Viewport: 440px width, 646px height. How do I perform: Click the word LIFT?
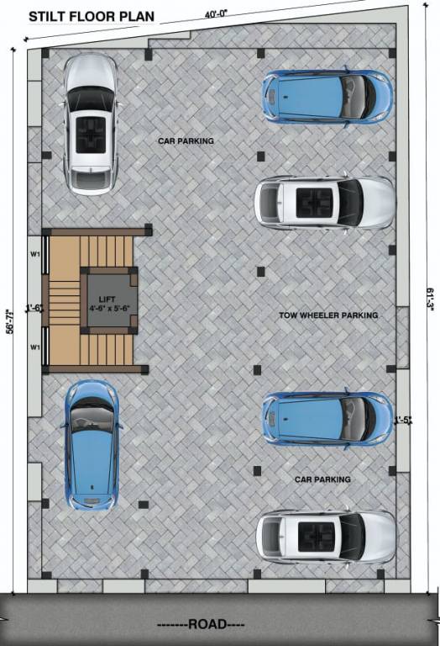(x=107, y=299)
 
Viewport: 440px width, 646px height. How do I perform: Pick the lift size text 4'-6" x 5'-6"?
(x=107, y=309)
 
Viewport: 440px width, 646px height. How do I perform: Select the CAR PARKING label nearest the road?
(x=322, y=479)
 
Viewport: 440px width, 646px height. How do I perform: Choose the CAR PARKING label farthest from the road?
(x=186, y=141)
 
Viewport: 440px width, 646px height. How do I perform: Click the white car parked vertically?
(x=91, y=124)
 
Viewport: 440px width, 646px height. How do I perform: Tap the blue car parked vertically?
(x=92, y=445)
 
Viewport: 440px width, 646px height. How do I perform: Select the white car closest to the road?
(x=325, y=536)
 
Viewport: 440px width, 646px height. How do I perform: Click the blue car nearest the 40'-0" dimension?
(x=327, y=97)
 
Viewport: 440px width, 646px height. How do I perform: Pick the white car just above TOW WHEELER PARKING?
(x=324, y=202)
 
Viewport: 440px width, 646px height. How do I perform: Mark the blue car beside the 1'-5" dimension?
(x=327, y=418)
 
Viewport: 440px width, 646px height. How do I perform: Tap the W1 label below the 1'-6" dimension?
(x=35, y=347)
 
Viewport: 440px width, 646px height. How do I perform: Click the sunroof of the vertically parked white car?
(x=91, y=133)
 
